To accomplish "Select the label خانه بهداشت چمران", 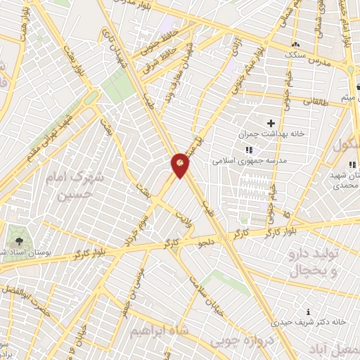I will click(x=270, y=134).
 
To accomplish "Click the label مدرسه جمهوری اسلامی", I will click(x=247, y=160).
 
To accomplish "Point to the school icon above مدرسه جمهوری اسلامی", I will click(x=248, y=150).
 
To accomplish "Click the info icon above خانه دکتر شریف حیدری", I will click(x=308, y=311).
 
